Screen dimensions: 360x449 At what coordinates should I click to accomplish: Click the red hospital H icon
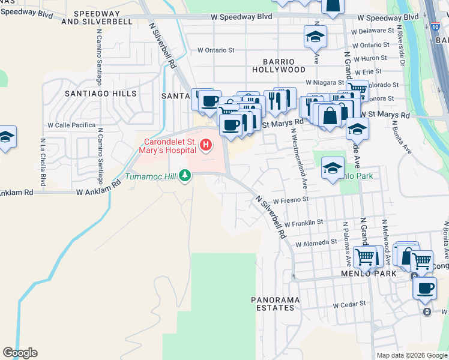206,145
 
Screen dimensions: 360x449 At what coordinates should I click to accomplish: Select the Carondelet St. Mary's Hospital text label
169,145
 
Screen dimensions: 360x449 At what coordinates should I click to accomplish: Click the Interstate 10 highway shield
434,26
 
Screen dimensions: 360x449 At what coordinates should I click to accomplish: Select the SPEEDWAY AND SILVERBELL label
96,17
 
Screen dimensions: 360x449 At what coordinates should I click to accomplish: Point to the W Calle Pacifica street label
71,125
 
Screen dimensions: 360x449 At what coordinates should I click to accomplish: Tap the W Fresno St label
290,200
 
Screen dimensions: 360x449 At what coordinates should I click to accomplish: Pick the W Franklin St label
304,222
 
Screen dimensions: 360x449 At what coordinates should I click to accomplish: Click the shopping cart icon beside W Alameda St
365,257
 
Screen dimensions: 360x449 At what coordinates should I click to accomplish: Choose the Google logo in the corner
20,353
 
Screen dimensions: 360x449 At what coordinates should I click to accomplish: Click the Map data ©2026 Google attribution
411,355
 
